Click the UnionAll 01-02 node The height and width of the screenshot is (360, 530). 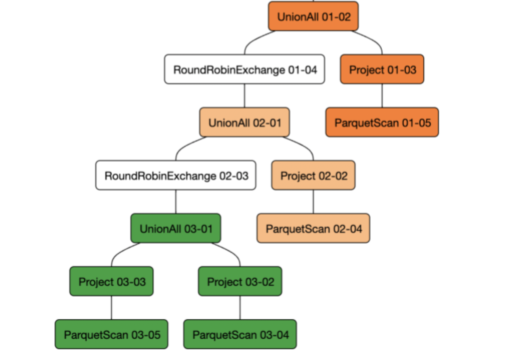[313, 16]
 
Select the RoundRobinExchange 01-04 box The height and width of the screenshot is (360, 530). [244, 69]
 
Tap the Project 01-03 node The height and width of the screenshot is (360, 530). [382, 69]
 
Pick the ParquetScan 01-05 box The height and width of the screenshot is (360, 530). [382, 122]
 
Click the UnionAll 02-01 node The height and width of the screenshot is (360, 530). [244, 122]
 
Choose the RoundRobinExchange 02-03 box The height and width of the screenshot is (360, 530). [176, 175]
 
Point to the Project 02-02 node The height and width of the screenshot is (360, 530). [313, 175]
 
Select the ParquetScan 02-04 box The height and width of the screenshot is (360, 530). [313, 228]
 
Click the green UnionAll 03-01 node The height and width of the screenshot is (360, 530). [176, 228]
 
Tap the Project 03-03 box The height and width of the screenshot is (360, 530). [111, 281]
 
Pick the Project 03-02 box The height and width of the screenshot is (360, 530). [240, 281]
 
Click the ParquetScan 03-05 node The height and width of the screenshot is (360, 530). [111, 334]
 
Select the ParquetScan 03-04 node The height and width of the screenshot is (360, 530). [240, 334]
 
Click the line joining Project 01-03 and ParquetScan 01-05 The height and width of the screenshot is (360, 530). [382, 96]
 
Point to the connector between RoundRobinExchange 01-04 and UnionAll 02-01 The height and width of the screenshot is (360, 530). [244, 96]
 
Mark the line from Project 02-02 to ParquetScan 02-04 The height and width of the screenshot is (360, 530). [313, 202]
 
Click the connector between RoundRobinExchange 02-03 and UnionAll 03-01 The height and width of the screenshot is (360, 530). [176, 202]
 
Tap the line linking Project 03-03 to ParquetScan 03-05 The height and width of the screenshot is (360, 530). [111, 308]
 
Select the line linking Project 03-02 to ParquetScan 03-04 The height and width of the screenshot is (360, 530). [240, 308]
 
